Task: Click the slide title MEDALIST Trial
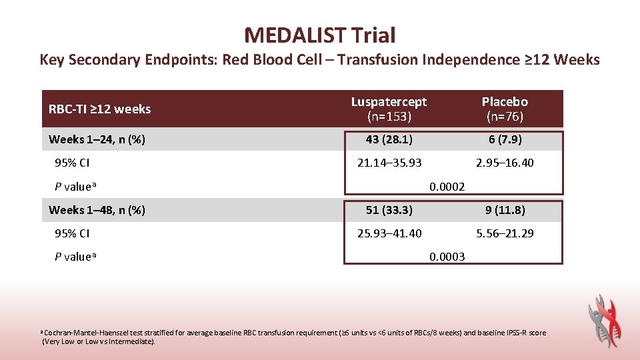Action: [319, 35]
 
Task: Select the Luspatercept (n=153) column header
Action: [389, 109]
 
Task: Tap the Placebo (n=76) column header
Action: [505, 109]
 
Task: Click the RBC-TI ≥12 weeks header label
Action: [100, 109]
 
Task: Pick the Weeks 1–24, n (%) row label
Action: [97, 139]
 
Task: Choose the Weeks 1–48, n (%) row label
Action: [97, 210]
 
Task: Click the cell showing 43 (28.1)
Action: [389, 139]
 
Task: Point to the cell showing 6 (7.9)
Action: [505, 139]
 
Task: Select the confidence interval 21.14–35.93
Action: [389, 163]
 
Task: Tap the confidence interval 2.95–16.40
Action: [505, 163]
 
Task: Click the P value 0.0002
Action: [447, 187]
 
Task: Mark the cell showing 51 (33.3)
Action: [389, 210]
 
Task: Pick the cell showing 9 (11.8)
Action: [505, 210]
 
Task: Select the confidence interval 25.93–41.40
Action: [389, 233]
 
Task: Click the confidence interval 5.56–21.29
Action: [505, 233]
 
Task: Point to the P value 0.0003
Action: [447, 257]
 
